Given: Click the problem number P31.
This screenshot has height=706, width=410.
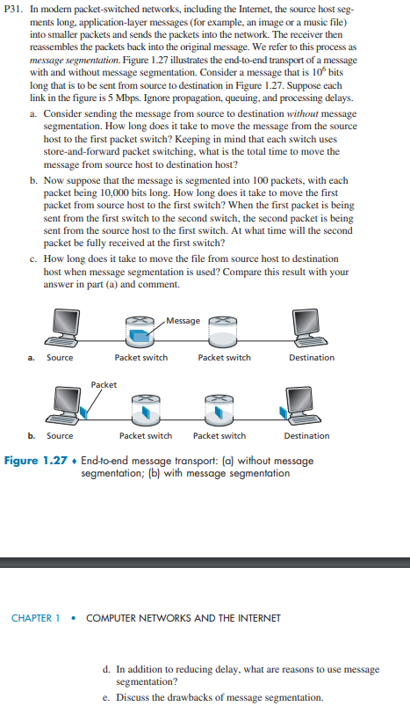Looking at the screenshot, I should (15, 8).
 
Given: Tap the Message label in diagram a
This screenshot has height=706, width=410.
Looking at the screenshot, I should (183, 320).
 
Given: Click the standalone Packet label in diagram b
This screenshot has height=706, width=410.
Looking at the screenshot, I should (104, 384).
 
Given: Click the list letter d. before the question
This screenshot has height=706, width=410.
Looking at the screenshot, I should (107, 669).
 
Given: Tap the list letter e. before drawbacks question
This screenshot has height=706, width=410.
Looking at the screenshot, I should (107, 697).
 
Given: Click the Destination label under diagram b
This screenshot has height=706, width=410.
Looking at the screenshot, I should (306, 435).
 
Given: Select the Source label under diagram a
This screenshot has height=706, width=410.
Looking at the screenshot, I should (60, 358).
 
